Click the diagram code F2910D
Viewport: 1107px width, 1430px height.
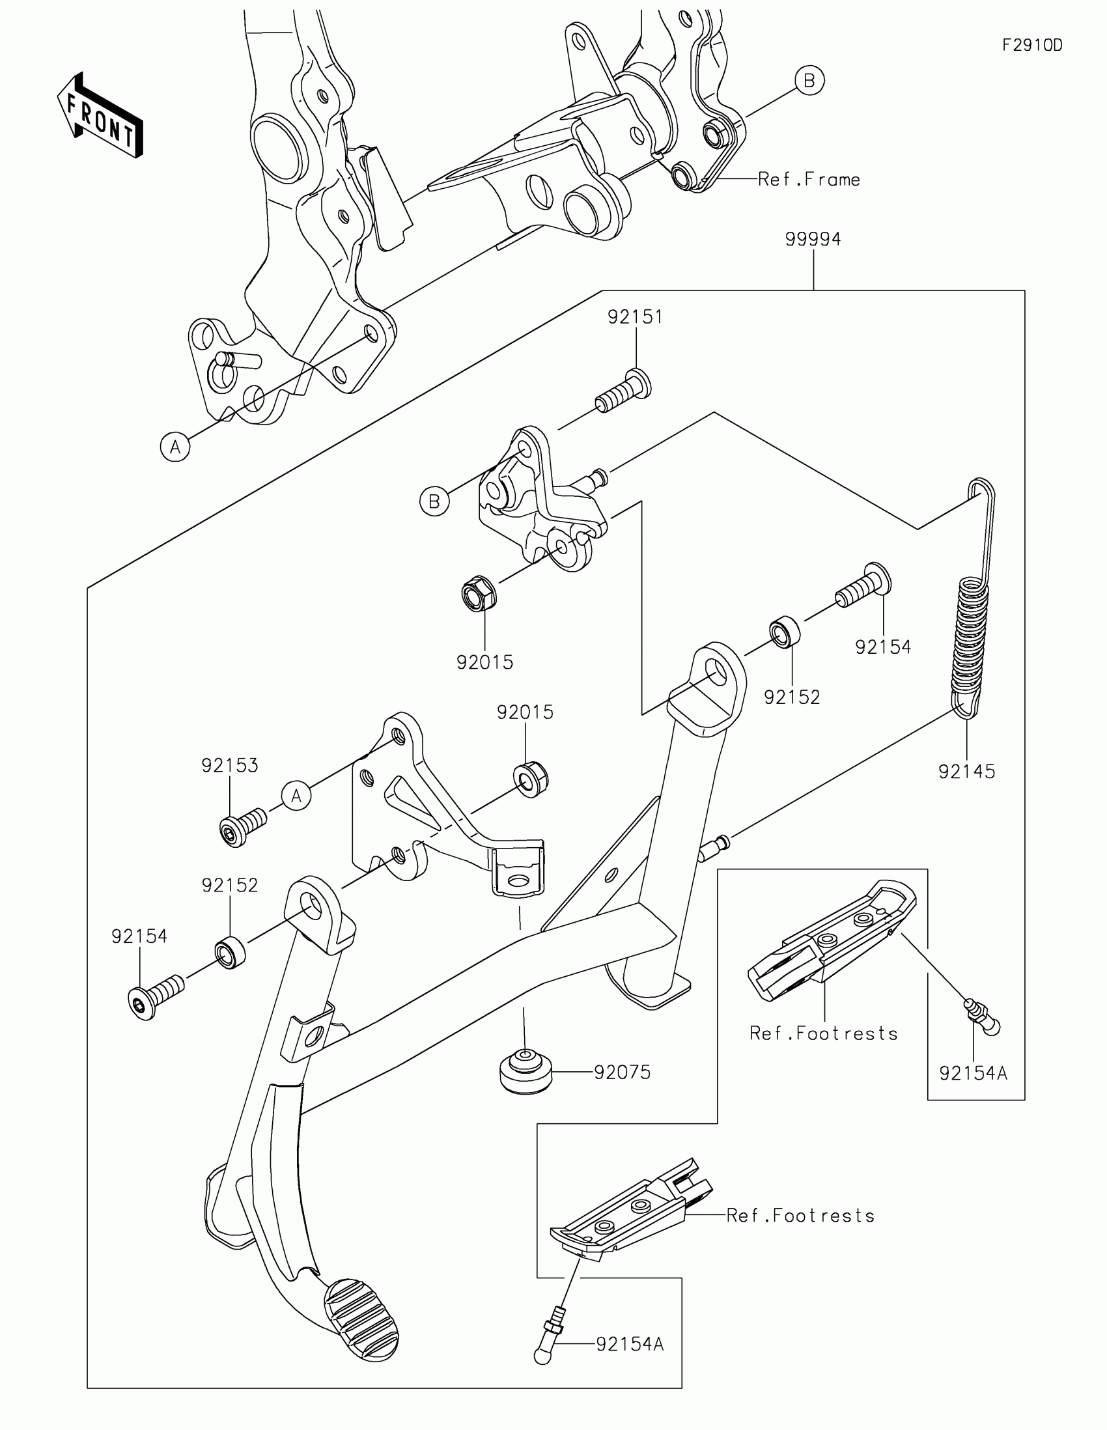click(x=1032, y=45)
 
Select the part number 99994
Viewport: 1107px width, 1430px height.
click(x=813, y=240)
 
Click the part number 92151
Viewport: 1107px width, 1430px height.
click(x=635, y=317)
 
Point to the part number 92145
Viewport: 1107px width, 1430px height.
click(x=966, y=771)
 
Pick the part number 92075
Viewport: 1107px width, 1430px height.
click(x=622, y=1072)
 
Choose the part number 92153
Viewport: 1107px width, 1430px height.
click(x=230, y=764)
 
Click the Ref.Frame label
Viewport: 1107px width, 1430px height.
click(x=809, y=180)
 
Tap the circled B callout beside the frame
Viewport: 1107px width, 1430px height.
click(x=809, y=81)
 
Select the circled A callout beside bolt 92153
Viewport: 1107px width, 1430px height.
click(x=296, y=796)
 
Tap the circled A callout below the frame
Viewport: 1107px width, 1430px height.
click(x=175, y=447)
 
